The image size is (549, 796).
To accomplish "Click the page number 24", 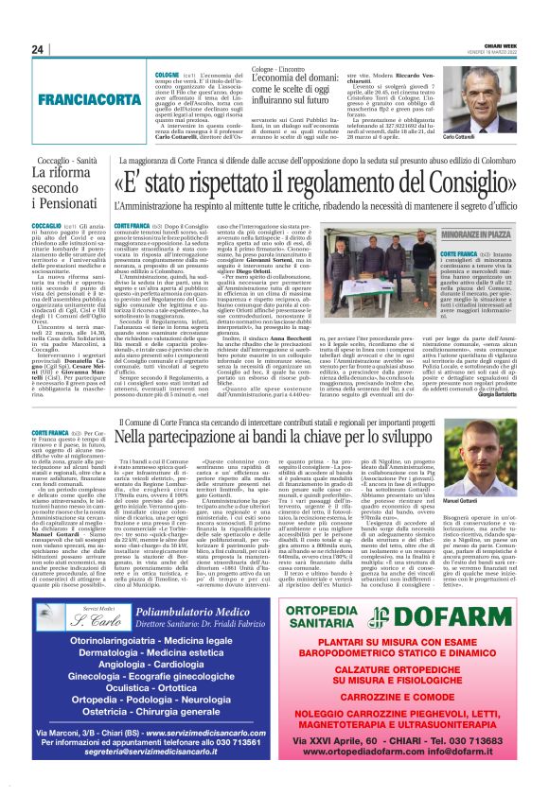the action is click(x=37, y=50).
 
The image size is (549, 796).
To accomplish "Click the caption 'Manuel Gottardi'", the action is click(x=487, y=527).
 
